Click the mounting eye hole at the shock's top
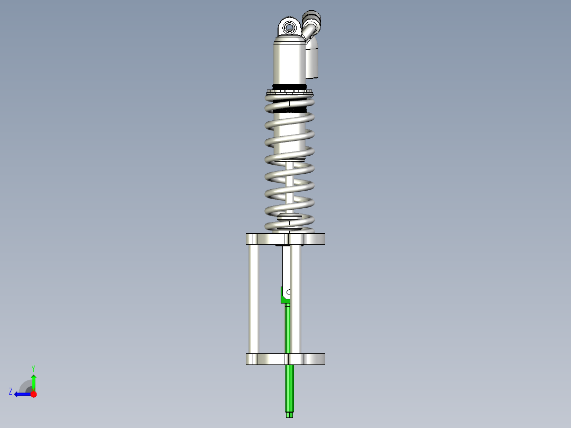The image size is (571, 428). (x=289, y=27)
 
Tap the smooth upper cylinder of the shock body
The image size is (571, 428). (x=289, y=61)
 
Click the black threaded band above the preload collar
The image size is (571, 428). (x=289, y=87)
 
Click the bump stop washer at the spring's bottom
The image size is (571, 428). (x=289, y=216)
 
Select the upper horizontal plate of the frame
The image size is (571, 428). (x=285, y=239)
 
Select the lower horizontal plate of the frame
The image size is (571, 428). (x=285, y=359)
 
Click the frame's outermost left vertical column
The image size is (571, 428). (x=254, y=299)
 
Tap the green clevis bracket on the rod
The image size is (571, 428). (x=284, y=295)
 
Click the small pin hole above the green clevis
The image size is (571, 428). (x=289, y=292)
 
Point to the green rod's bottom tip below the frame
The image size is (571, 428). (x=289, y=415)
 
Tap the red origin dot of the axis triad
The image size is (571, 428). (x=33, y=394)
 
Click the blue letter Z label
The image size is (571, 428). (x=11, y=391)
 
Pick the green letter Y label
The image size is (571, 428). (x=33, y=368)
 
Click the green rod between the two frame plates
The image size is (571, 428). (x=288, y=328)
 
